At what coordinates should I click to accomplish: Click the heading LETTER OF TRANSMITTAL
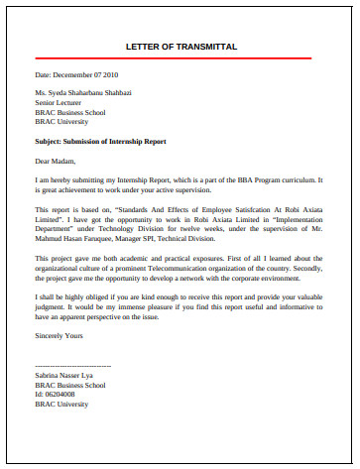click(180, 47)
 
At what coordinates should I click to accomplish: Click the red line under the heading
click(180, 59)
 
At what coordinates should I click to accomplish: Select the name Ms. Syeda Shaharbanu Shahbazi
click(83, 92)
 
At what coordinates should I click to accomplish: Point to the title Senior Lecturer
click(60, 101)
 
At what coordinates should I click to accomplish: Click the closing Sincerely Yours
click(62, 336)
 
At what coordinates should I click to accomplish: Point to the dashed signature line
click(72, 367)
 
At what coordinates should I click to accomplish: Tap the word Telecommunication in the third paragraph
click(204, 267)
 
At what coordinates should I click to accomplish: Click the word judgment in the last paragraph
click(55, 306)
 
